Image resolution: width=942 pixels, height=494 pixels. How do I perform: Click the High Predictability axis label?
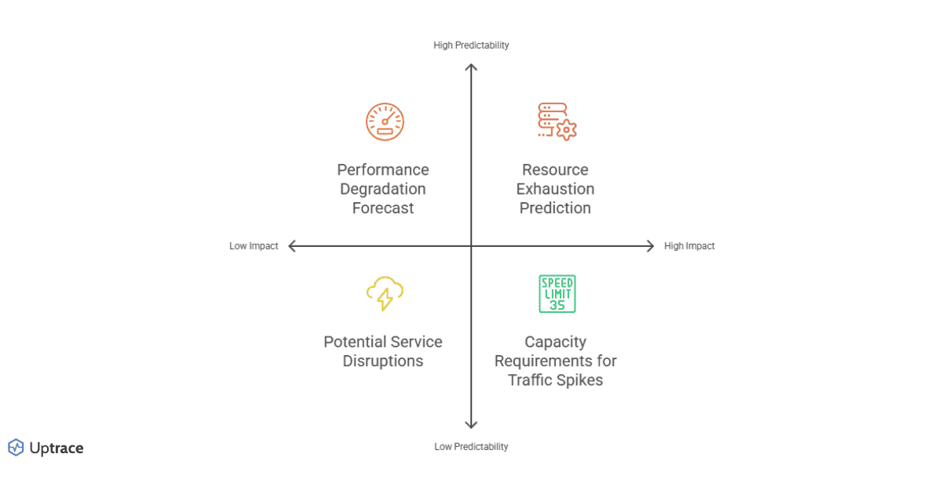[471, 45]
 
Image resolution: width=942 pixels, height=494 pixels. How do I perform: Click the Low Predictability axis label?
[471, 447]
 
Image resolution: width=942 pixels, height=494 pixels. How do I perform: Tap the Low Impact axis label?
[254, 246]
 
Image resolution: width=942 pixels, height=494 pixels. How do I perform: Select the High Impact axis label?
[689, 246]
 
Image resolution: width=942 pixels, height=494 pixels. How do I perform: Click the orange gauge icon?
[384, 122]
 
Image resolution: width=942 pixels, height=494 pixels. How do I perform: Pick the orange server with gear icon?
[557, 122]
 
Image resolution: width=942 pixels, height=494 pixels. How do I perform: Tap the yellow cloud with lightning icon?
[384, 294]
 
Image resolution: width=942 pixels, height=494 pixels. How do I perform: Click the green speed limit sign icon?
[557, 294]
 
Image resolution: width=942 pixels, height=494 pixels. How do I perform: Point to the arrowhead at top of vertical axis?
[471, 67]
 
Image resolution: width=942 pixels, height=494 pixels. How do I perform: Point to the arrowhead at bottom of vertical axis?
[471, 425]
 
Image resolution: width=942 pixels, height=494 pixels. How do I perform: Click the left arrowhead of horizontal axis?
[292, 246]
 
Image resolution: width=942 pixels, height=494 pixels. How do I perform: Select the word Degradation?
[383, 189]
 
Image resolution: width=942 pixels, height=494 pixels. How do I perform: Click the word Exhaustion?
[555, 189]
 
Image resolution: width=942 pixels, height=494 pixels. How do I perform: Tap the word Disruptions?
[383, 361]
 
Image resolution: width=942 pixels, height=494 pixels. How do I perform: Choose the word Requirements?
[555, 361]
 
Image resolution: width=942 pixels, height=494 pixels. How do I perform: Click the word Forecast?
[383, 208]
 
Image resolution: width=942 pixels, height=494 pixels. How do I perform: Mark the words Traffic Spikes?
[555, 380]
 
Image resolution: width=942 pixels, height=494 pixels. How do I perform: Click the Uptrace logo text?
[56, 449]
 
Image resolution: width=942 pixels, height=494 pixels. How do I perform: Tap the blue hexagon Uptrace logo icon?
[16, 448]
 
